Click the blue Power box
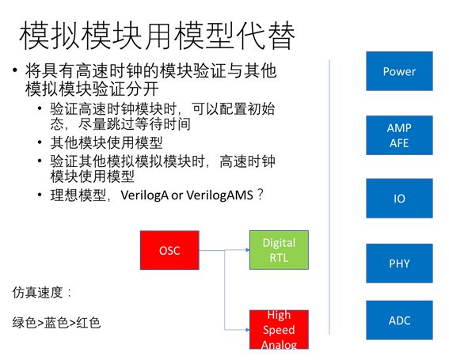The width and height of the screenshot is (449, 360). (x=399, y=71)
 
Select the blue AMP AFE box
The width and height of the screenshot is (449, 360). (x=399, y=135)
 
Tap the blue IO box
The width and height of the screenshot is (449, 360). (x=399, y=199)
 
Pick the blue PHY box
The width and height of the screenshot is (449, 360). (x=399, y=263)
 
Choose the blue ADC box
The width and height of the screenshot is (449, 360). (x=399, y=320)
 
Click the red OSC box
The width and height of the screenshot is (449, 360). (x=169, y=251)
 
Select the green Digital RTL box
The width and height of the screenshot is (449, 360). (x=278, y=249)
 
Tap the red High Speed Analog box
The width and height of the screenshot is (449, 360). (x=278, y=330)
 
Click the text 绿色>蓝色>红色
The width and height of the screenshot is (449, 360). (x=56, y=323)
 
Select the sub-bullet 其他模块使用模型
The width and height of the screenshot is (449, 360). (x=101, y=142)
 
